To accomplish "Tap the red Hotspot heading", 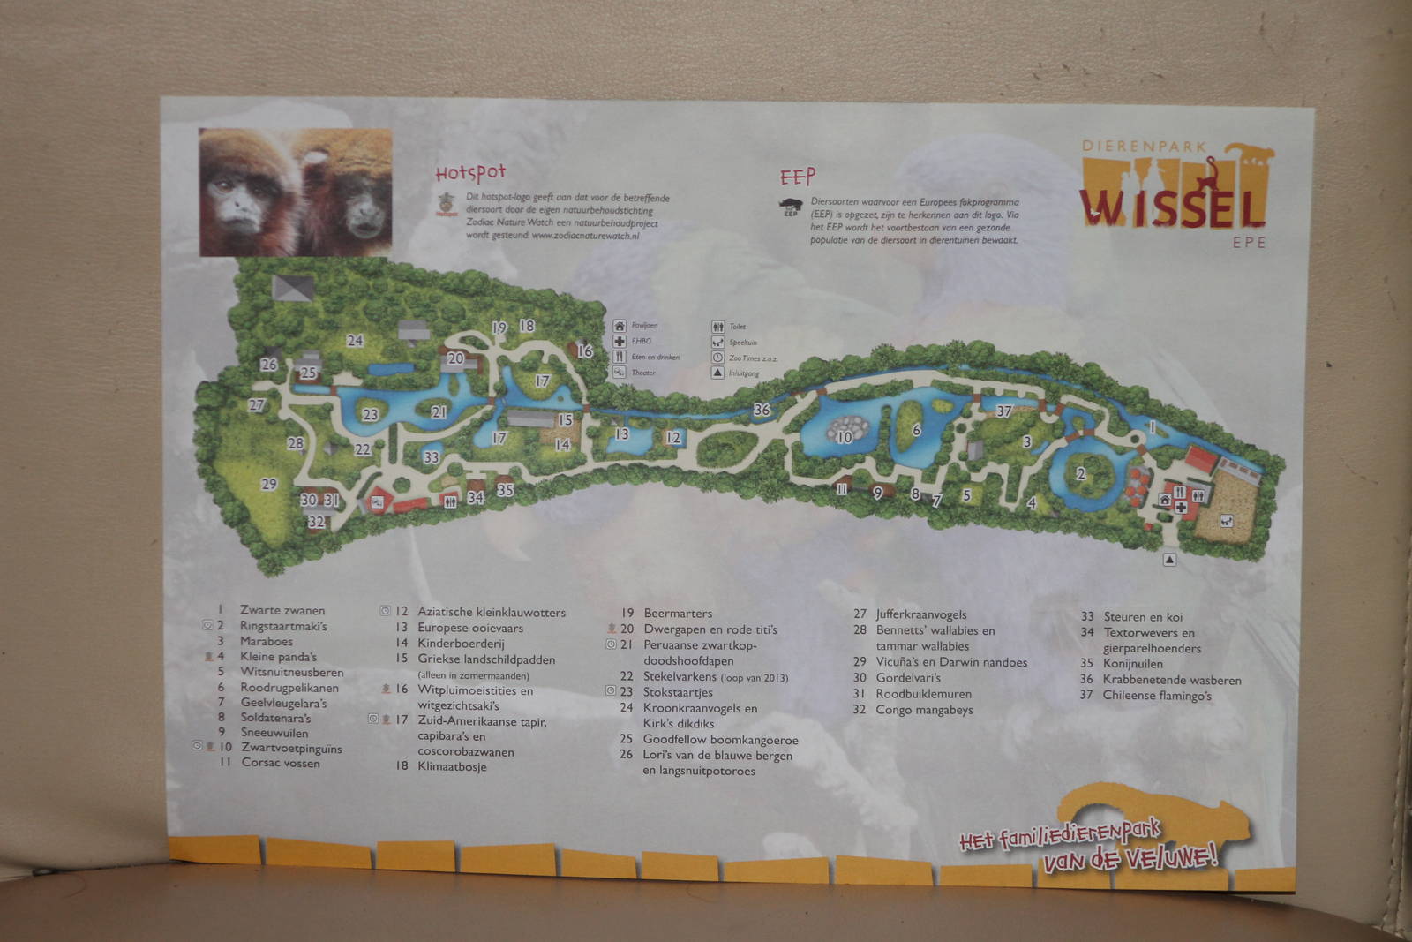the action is point(470,172).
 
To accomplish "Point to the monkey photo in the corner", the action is point(295,192).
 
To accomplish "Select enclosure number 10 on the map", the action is point(845,436).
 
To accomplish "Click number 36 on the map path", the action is point(762,410).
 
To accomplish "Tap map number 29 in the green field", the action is point(268,484).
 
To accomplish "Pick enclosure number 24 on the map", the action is point(355,341).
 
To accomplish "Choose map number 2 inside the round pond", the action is point(1080,474).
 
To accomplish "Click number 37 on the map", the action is point(1003,411).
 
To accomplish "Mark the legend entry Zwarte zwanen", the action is point(282,610).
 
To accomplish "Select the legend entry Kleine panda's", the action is point(278,657).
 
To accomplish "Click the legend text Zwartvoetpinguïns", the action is point(291,749).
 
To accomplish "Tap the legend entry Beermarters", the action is point(678,614).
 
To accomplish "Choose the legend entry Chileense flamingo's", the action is point(1157,696).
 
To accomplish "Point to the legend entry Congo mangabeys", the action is point(924,710).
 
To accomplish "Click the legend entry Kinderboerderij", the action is point(461,644).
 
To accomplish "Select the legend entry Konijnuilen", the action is point(1132,664).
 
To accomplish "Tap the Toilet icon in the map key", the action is point(718,327).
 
